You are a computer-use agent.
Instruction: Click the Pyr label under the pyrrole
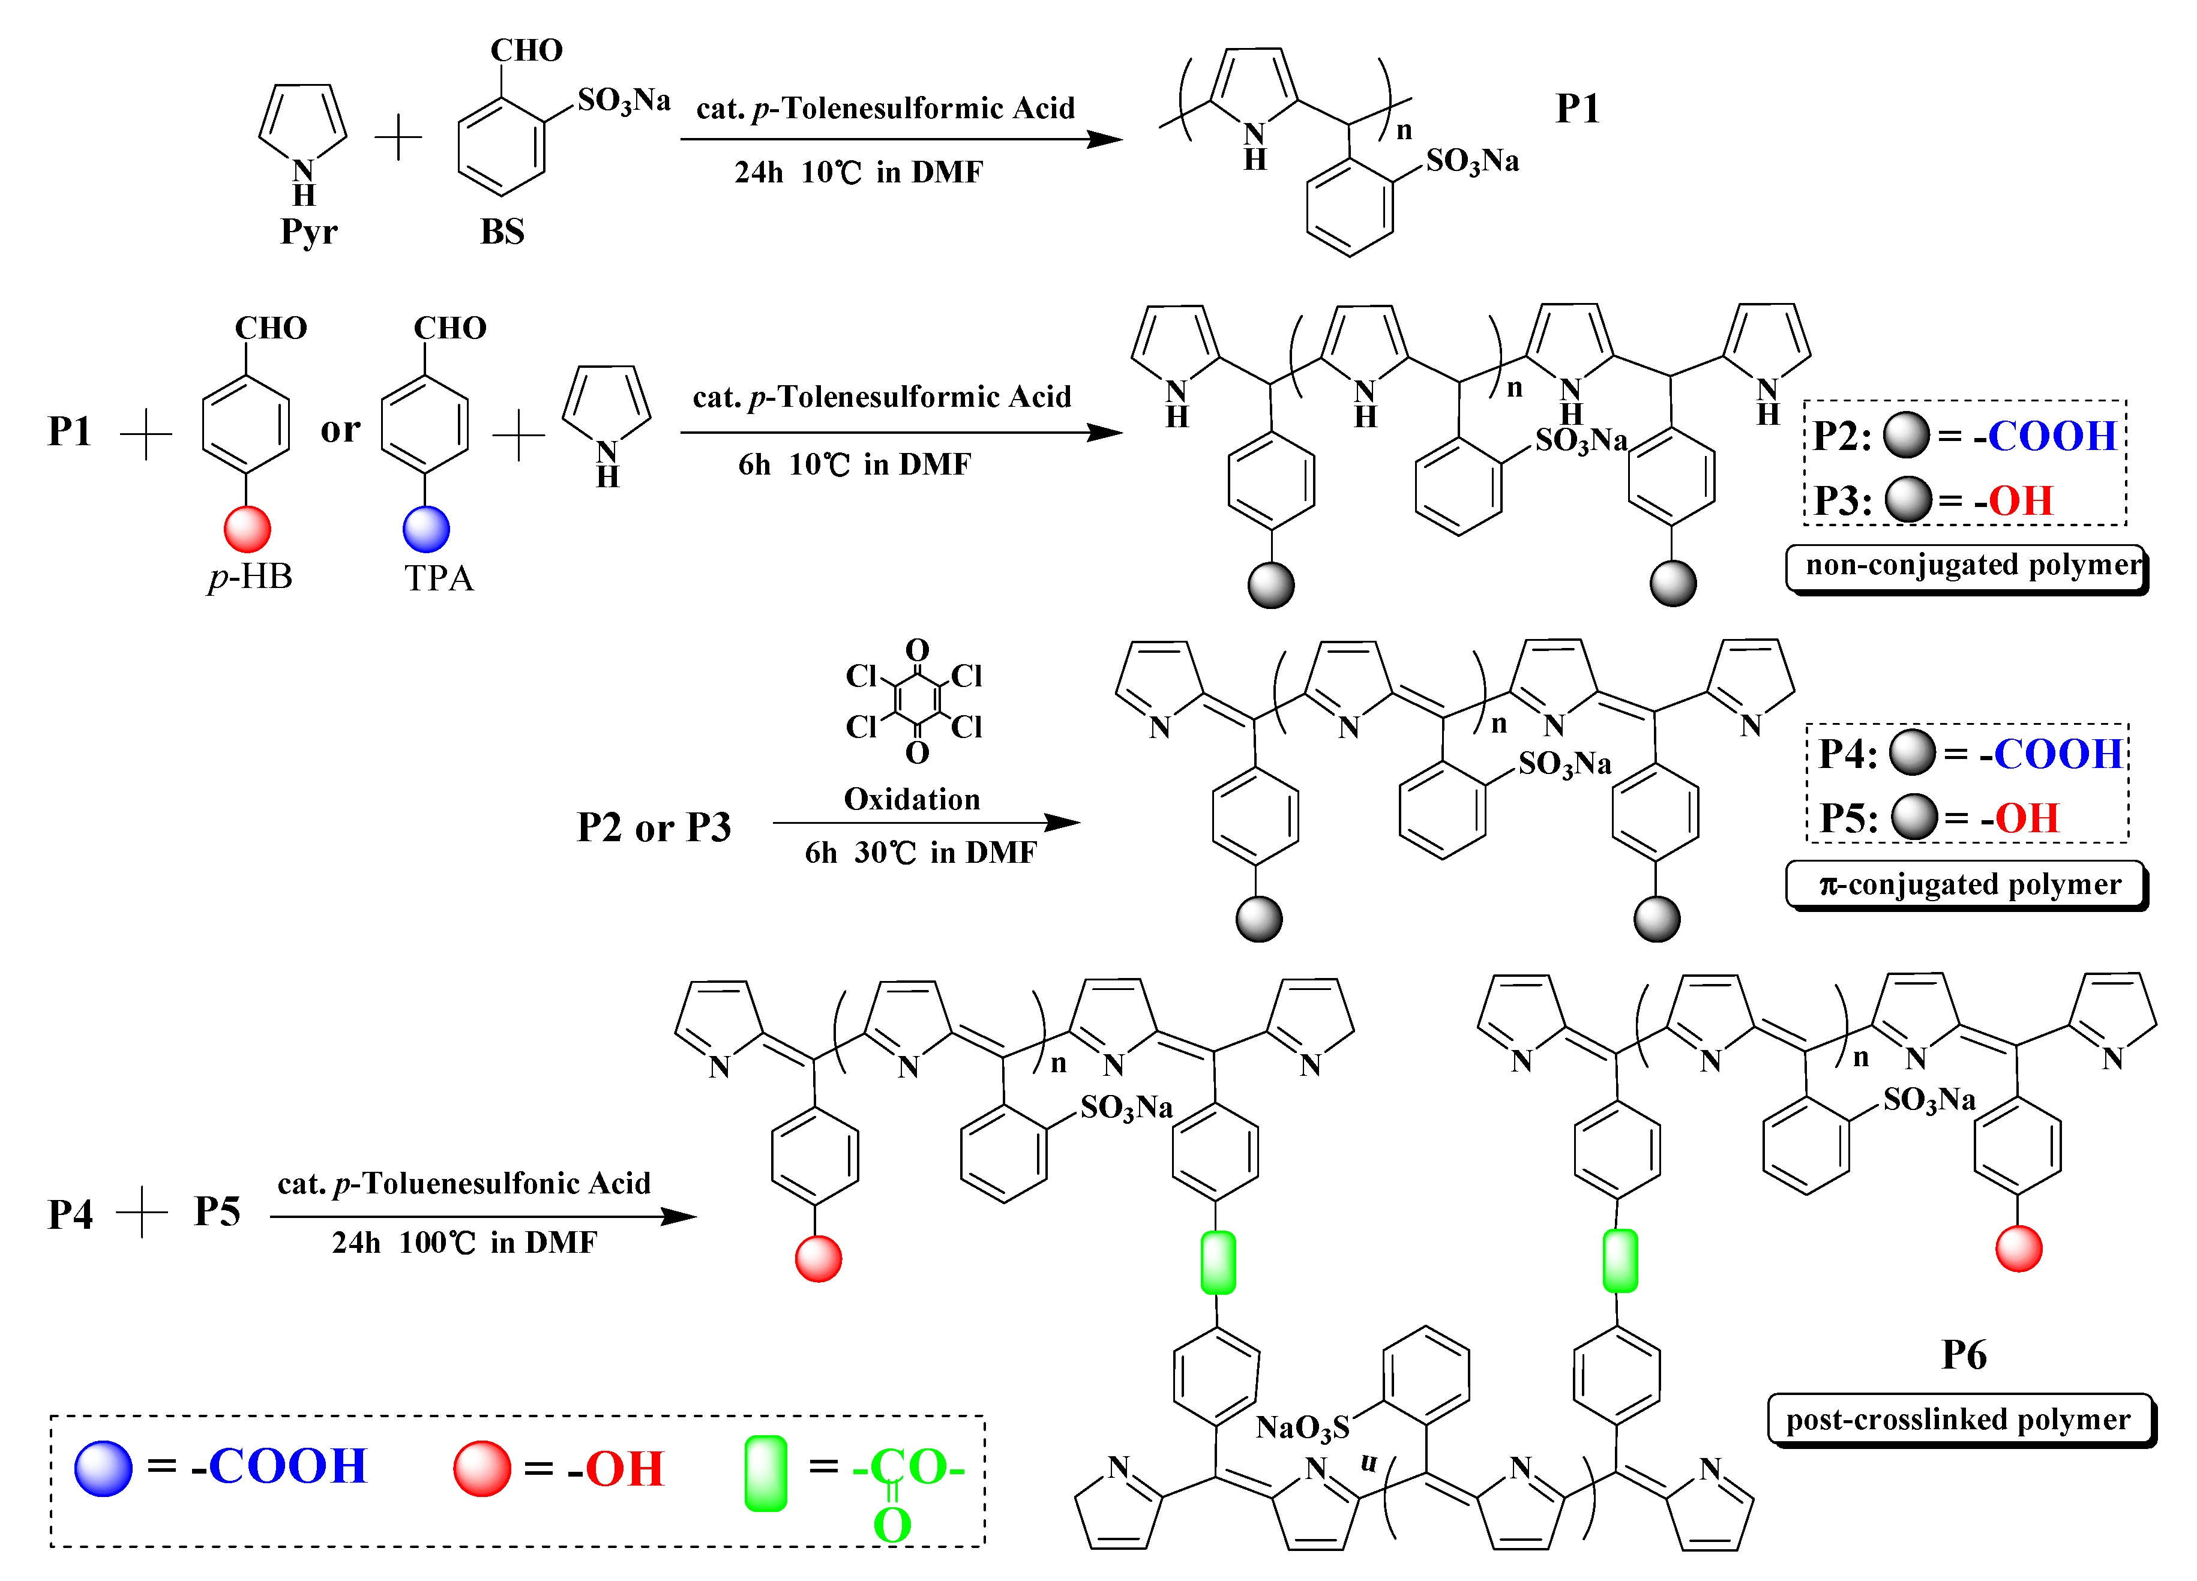pyautogui.click(x=308, y=232)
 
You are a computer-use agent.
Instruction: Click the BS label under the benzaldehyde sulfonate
pyautogui.click(x=502, y=232)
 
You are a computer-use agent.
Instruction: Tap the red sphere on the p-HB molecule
pyautogui.click(x=247, y=529)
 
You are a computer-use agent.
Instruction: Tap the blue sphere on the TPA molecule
pyautogui.click(x=426, y=529)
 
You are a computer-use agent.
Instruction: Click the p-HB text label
pyautogui.click(x=250, y=577)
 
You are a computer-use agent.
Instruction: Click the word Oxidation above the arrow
pyautogui.click(x=912, y=799)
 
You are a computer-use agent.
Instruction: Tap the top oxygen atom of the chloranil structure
pyautogui.click(x=916, y=649)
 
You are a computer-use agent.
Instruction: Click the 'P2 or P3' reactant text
pyautogui.click(x=654, y=827)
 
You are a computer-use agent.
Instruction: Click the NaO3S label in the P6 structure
pyautogui.click(x=1302, y=1427)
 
